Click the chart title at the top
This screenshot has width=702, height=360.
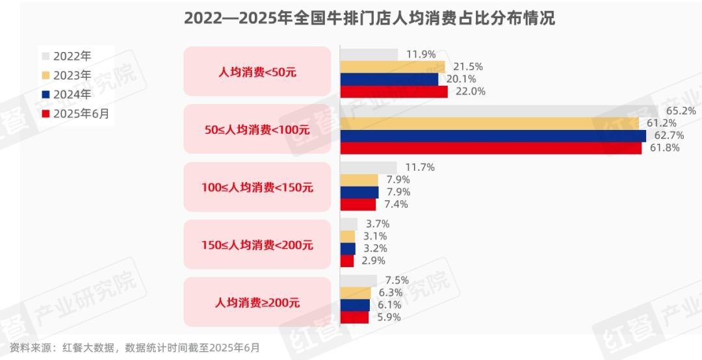point(369,18)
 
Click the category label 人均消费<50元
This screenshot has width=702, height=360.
point(257,72)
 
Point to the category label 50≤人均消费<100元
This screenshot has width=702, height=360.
point(257,129)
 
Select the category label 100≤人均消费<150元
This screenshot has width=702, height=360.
point(257,187)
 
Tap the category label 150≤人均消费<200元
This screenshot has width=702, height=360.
point(257,245)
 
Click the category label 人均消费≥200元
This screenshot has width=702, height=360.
point(257,302)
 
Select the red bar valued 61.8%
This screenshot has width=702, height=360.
point(491,148)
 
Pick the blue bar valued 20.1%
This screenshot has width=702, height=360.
point(389,79)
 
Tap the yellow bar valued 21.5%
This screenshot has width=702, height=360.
point(393,67)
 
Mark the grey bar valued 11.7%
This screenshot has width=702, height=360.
point(369,168)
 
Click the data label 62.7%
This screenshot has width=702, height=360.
point(662,135)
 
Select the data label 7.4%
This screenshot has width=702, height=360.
point(396,204)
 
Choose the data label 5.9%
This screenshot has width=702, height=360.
point(389,317)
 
